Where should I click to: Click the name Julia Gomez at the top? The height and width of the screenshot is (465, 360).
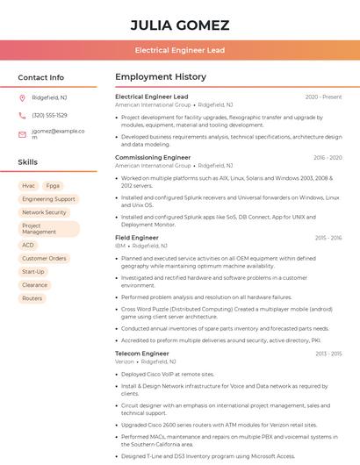[x=180, y=25]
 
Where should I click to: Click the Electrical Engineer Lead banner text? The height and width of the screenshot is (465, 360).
[x=180, y=50]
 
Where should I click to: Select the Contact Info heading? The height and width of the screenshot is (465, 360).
[x=41, y=77]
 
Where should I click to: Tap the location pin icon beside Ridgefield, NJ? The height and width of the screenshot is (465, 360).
[x=22, y=98]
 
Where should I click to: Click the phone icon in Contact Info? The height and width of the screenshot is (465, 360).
[x=22, y=115]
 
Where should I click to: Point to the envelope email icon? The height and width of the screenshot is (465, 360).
[x=22, y=134]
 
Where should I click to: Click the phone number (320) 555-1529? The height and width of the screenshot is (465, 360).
[x=49, y=115]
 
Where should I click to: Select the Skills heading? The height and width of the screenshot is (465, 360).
[x=28, y=162]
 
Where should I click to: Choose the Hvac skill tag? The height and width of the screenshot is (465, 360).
[x=28, y=186]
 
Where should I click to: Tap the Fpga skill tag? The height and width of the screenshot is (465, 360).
[x=54, y=186]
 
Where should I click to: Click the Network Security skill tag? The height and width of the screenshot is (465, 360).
[x=44, y=212]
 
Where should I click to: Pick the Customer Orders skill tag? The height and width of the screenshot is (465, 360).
[x=44, y=259]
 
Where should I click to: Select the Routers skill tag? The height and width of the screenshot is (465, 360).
[x=32, y=298]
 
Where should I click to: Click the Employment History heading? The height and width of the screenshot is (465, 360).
[x=161, y=77]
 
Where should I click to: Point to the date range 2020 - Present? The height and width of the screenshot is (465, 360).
[x=323, y=97]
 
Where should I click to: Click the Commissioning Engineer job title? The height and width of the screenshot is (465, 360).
[x=153, y=158]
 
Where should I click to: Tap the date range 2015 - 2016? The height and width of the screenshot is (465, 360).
[x=328, y=238]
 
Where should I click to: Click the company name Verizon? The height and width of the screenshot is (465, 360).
[x=126, y=361]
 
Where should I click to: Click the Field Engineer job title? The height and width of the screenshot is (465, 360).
[x=137, y=238]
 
